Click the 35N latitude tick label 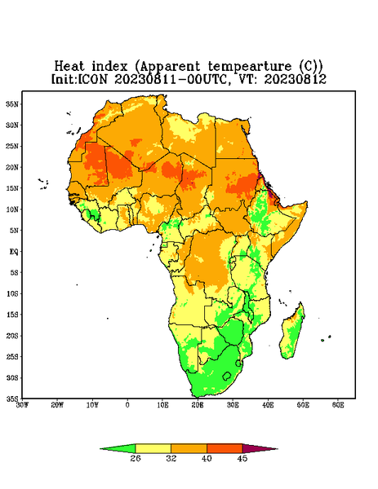click(12, 104)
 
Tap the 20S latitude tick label click(12, 336)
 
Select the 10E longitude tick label click(162, 405)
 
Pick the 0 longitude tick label click(127, 405)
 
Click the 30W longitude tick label click(22, 405)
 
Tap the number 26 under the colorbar click(136, 458)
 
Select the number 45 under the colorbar click(242, 458)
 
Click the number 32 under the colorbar click(171, 458)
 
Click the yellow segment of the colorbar click(153, 449)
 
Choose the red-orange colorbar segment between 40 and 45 click(225, 449)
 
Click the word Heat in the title click(69, 67)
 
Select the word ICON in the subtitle click(92, 79)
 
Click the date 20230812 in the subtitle click(296, 79)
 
